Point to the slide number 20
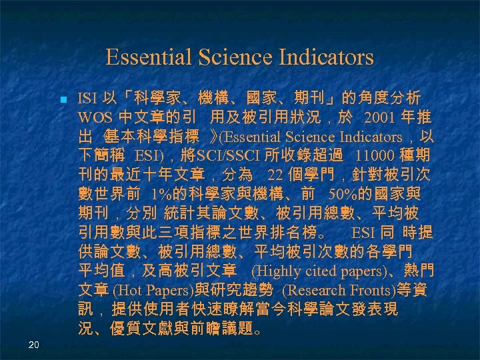pyautogui.click(x=34, y=344)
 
